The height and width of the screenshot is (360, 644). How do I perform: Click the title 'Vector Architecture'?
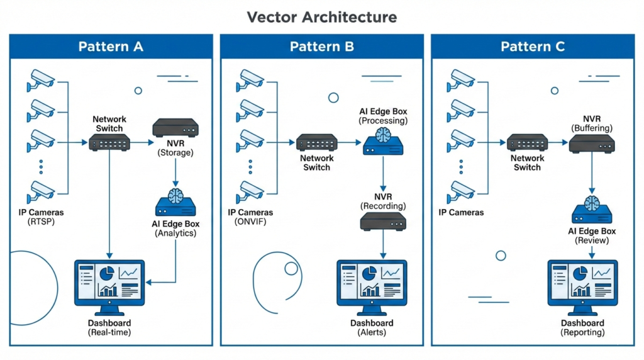(321, 16)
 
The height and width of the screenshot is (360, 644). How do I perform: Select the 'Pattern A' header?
(111, 47)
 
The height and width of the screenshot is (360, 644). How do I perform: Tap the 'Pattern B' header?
(321, 47)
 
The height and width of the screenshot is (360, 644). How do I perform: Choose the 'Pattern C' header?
(533, 47)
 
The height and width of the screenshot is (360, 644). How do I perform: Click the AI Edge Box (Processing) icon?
(384, 142)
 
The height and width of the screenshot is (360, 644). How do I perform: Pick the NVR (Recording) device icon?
(383, 222)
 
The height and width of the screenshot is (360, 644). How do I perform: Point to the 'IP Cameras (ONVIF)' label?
(250, 217)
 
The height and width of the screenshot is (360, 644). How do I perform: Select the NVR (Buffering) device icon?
(592, 143)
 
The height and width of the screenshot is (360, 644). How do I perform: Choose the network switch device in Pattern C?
(527, 143)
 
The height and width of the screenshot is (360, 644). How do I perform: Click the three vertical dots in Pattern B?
(250, 167)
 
